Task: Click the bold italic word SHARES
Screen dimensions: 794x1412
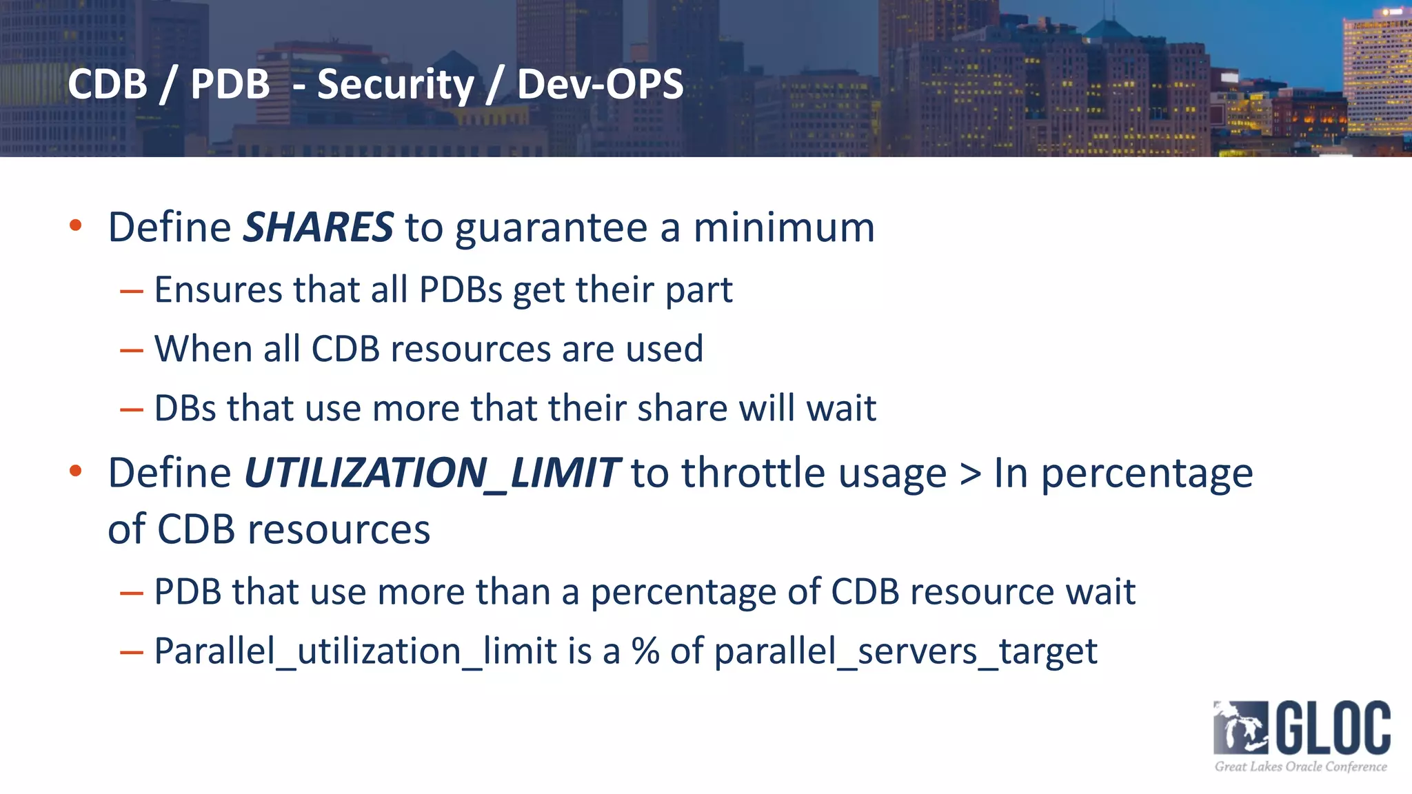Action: pyautogui.click(x=318, y=227)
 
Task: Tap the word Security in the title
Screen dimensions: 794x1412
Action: pyautogui.click(x=396, y=84)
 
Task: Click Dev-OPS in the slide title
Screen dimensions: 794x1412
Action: pyautogui.click(x=600, y=84)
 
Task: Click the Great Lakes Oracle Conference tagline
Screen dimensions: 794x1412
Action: pyautogui.click(x=1300, y=766)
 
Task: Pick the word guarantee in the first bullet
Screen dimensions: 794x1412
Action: pyautogui.click(x=551, y=229)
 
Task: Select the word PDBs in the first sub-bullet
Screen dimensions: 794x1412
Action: pyautogui.click(x=461, y=289)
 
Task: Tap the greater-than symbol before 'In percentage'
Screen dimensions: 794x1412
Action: pyautogui.click(x=970, y=475)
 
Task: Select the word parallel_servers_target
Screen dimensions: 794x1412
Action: pyautogui.click(x=905, y=651)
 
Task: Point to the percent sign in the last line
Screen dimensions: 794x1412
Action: pyautogui.click(x=645, y=651)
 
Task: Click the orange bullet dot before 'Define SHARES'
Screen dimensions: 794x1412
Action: pyautogui.click(x=76, y=225)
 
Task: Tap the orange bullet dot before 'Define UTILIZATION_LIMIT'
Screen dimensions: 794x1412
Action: pyautogui.click(x=76, y=471)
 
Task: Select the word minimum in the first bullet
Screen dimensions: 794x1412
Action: pyautogui.click(x=784, y=227)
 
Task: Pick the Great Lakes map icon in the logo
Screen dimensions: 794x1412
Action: pyautogui.click(x=1240, y=728)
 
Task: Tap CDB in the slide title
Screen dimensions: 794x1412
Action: pyautogui.click(x=108, y=84)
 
